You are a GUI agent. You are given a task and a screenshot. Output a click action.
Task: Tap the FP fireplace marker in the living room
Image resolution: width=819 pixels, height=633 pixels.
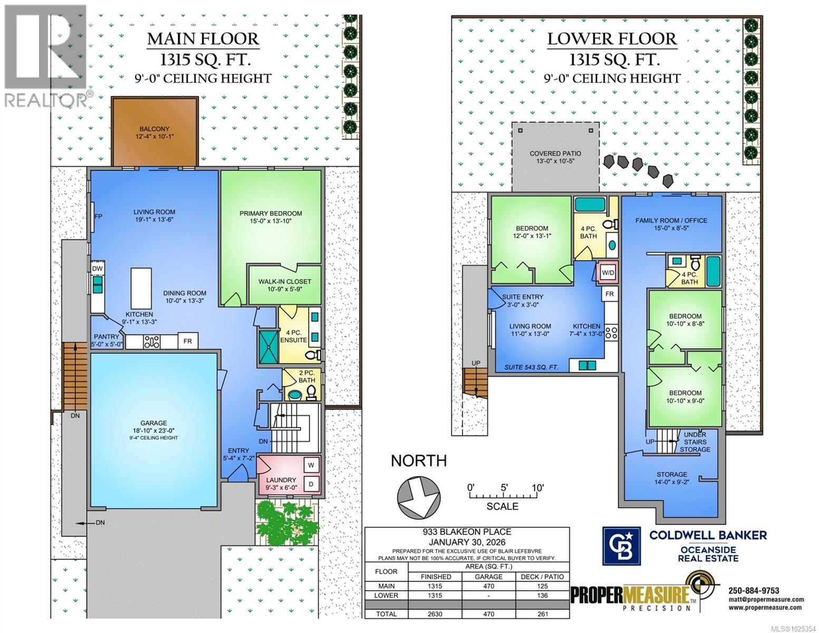98,217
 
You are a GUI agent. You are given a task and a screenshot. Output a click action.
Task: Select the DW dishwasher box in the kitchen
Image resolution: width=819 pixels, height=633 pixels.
97,268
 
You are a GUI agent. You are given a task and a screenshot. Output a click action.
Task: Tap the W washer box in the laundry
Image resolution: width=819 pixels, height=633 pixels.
311,465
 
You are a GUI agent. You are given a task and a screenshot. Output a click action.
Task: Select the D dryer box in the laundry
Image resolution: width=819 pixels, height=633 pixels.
311,484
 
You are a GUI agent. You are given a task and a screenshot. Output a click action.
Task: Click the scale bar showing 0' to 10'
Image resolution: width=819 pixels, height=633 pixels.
504,495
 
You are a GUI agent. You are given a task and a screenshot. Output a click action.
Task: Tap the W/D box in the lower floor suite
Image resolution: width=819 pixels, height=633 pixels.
608,273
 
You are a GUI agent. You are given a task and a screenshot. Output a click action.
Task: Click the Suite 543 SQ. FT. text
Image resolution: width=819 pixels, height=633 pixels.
531,367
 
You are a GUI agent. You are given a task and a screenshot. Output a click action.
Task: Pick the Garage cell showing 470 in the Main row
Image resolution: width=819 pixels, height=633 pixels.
489,586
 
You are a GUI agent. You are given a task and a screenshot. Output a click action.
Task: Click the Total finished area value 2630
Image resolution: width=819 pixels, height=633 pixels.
436,614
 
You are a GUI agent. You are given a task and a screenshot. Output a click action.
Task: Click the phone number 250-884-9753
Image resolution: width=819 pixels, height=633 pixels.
753,590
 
